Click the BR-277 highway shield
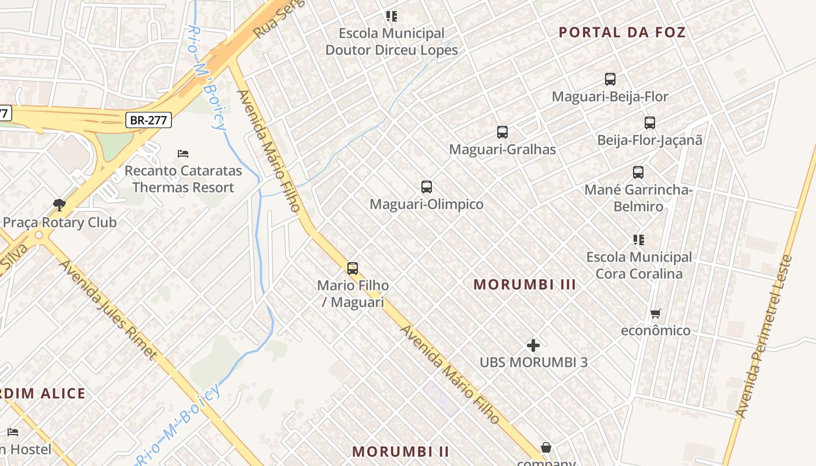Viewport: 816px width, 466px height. tap(149, 121)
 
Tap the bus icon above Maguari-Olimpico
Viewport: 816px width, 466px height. tap(427, 187)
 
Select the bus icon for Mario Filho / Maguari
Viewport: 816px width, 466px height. tap(353, 268)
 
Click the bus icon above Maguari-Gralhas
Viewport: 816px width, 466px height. tap(502, 132)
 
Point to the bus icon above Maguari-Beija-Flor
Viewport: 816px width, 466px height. tap(610, 79)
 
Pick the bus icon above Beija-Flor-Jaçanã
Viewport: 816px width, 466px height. tap(650, 123)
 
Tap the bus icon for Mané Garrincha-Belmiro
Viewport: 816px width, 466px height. tap(638, 172)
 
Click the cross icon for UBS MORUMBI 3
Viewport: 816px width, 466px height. tap(533, 345)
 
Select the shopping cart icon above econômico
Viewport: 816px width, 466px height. tap(656, 314)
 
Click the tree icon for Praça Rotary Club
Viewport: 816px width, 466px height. tap(59, 204)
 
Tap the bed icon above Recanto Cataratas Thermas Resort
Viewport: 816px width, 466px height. tap(183, 154)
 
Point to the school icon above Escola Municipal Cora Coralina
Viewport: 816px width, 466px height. tap(639, 240)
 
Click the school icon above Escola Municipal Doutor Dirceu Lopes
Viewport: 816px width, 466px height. tap(392, 16)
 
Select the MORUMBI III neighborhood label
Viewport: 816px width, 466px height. tap(525, 284)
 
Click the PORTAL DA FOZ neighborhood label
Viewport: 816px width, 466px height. tap(622, 32)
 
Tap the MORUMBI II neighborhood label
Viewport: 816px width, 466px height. tap(401, 451)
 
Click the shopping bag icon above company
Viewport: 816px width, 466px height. tap(546, 447)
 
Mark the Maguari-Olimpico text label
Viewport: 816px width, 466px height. tap(427, 204)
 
